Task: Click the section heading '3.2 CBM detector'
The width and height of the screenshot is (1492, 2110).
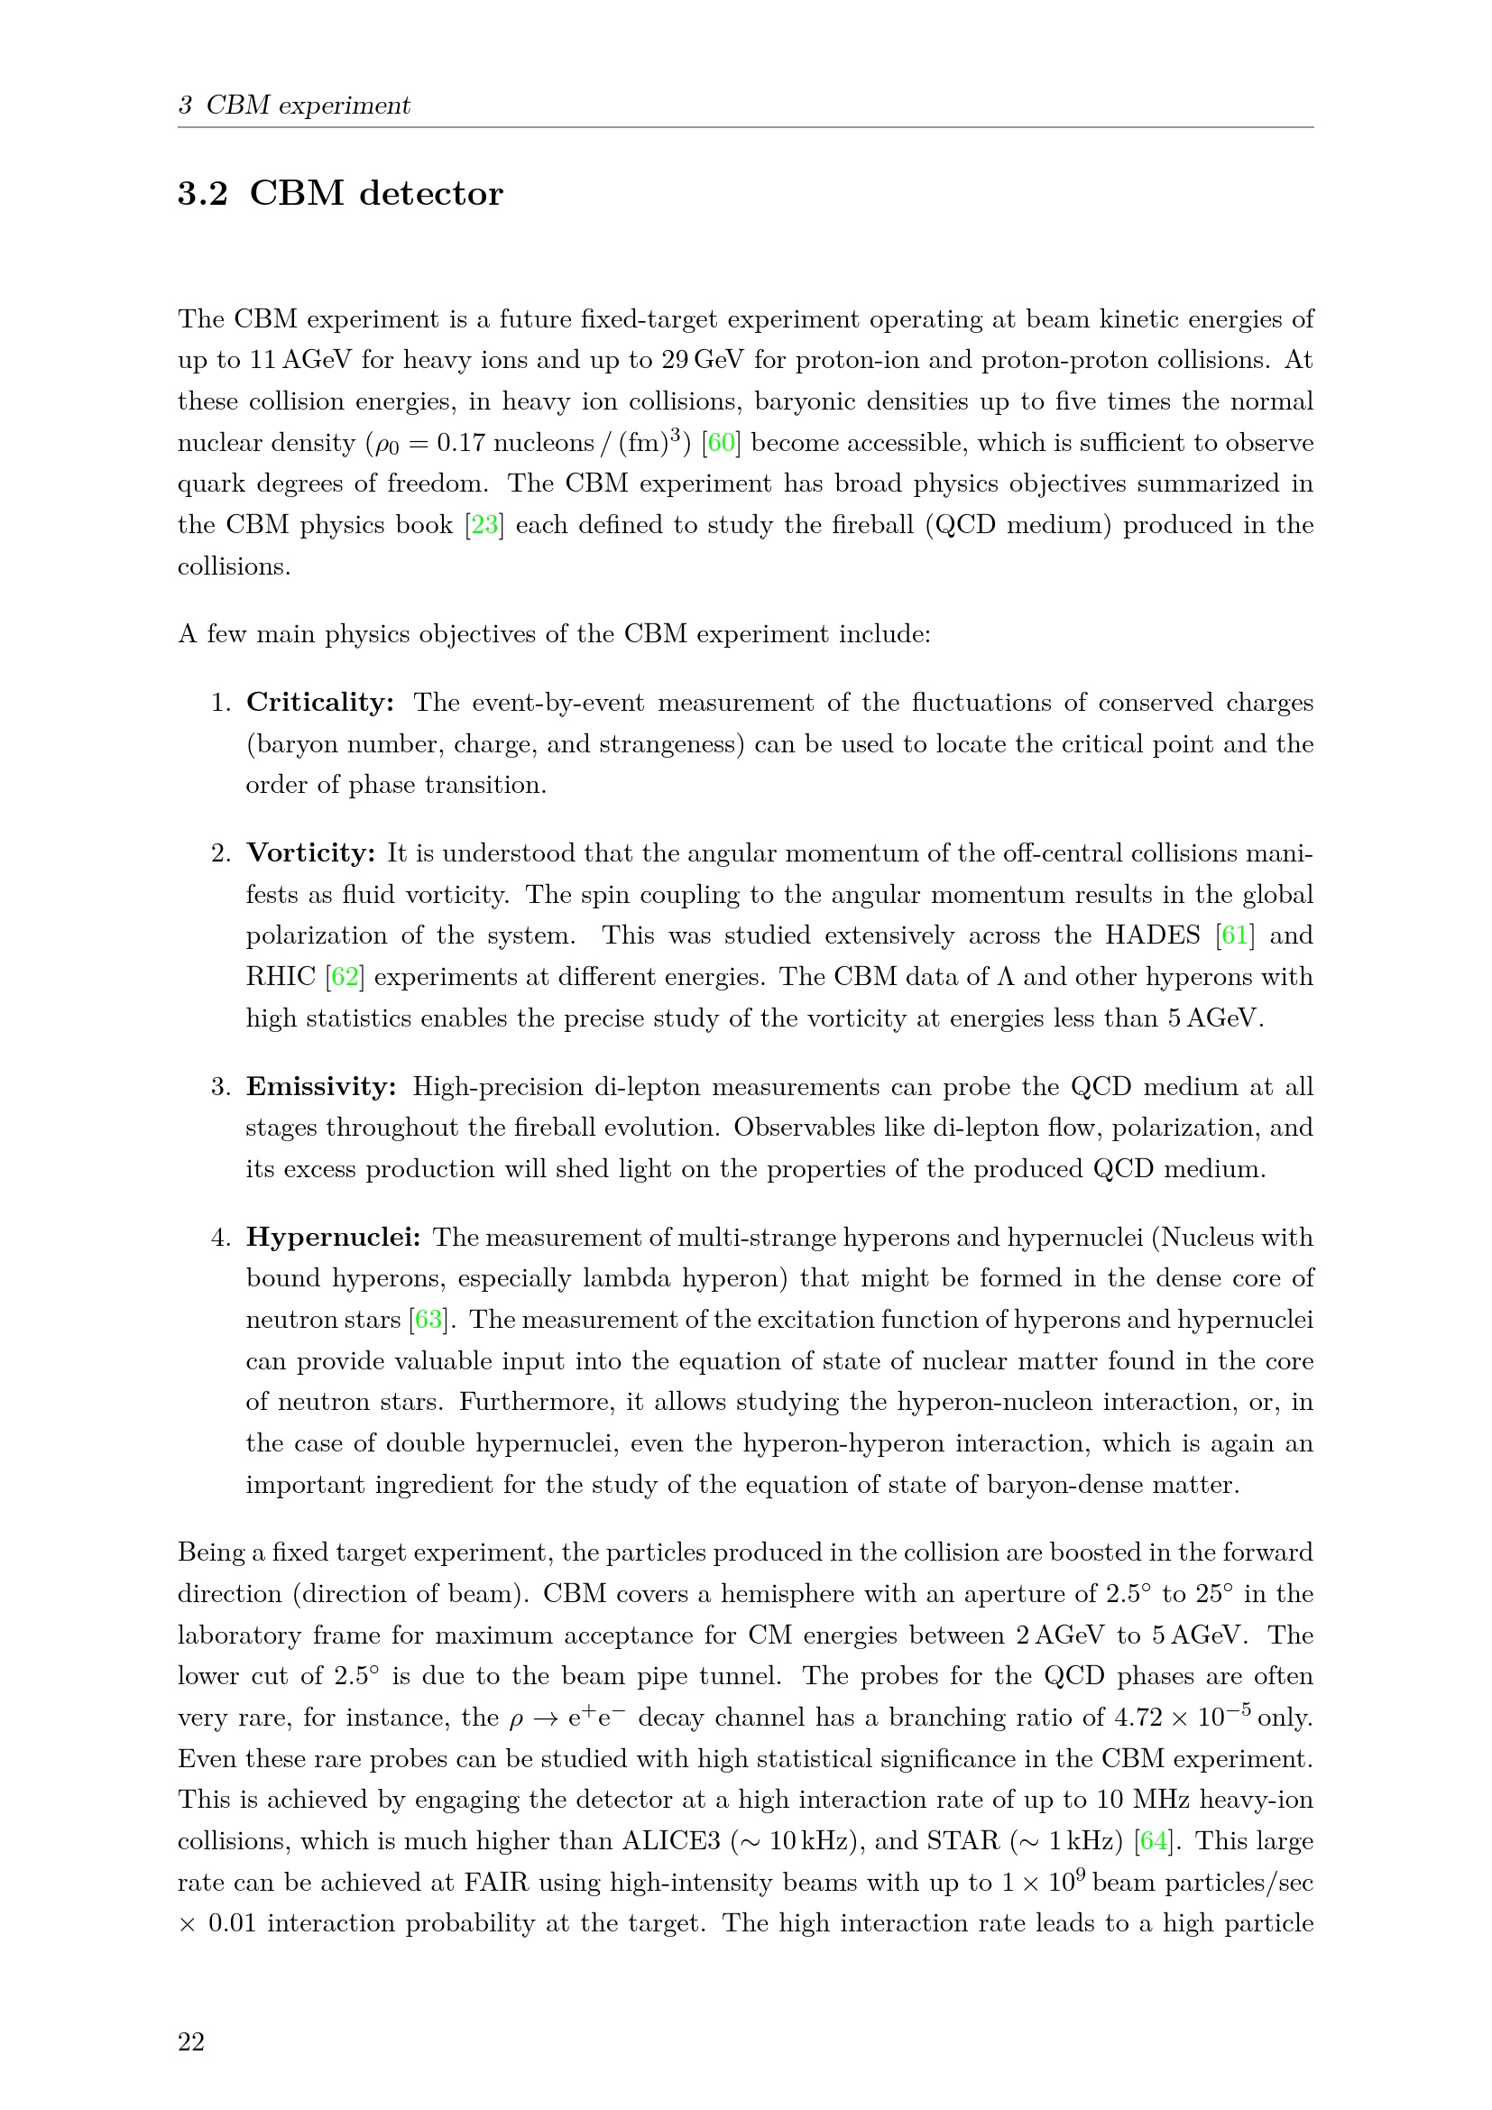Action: click(340, 194)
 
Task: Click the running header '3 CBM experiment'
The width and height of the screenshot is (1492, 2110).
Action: click(294, 106)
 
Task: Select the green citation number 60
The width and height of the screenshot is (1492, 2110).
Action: click(722, 443)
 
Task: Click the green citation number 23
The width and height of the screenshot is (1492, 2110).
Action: click(484, 526)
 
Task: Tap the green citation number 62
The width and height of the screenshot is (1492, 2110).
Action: click(345, 977)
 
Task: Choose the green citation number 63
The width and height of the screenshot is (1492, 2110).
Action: click(428, 1320)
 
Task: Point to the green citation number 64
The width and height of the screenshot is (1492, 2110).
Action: click(1153, 1841)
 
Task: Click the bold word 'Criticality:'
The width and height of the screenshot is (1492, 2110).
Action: click(319, 703)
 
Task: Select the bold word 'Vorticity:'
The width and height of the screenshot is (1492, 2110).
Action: click(310, 853)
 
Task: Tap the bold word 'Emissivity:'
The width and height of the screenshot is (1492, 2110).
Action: click(320, 1087)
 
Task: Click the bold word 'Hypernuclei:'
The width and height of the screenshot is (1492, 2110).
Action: click(333, 1238)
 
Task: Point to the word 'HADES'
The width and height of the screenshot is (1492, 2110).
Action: click(1152, 935)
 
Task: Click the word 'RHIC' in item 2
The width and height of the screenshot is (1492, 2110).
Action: click(281, 977)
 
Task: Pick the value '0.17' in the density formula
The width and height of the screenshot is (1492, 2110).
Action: click(460, 443)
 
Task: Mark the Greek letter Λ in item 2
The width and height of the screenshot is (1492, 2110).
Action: click(1005, 977)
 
